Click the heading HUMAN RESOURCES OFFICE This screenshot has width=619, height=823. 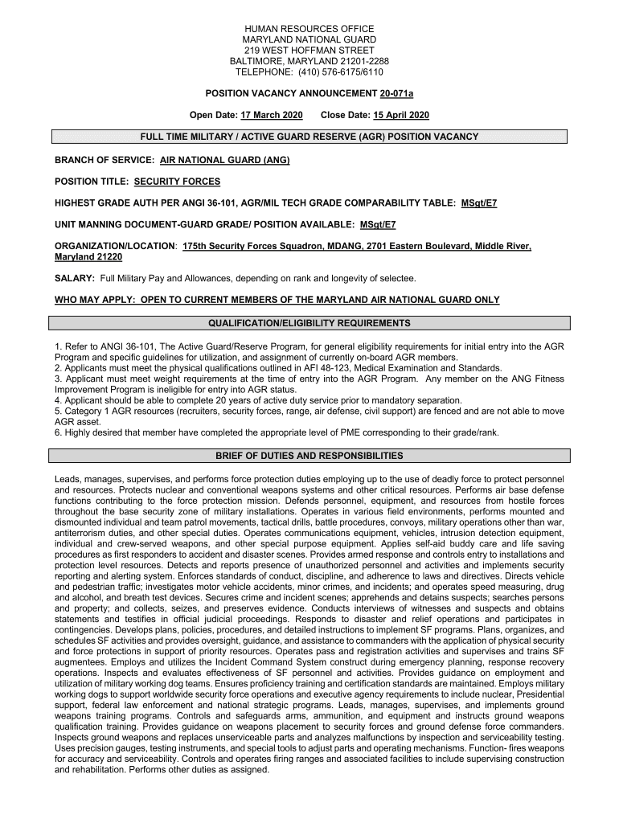pos(309,28)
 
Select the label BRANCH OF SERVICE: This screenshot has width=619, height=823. pos(104,160)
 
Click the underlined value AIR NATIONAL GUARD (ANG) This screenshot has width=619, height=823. pos(224,160)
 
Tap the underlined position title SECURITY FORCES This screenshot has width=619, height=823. pos(177,182)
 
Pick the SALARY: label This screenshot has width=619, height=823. pos(75,278)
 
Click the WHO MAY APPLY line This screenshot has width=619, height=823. pos(277,300)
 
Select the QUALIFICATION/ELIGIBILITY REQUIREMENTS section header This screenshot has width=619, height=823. pos(309,323)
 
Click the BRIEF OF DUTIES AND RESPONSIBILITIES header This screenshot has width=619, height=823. pos(309,456)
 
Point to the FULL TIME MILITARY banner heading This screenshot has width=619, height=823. pos(309,137)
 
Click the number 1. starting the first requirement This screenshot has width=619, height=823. pos(59,346)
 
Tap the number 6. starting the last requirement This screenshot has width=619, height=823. pos(59,432)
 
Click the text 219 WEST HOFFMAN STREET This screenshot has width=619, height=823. pos(309,50)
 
